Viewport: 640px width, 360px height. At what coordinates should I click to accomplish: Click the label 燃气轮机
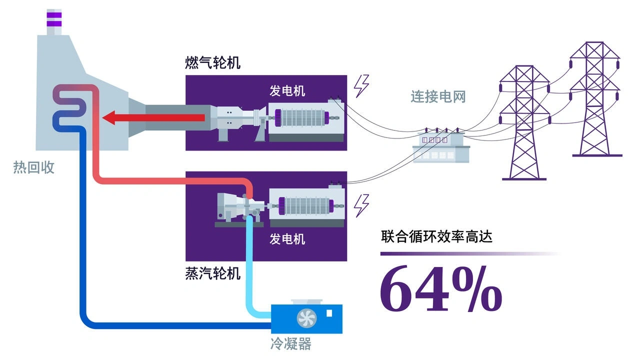[x=212, y=62]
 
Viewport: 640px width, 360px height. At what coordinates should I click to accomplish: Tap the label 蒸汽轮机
[x=212, y=273]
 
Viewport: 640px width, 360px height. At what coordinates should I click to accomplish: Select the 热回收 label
[x=33, y=167]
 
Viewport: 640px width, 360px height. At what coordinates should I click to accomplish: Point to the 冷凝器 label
[x=291, y=343]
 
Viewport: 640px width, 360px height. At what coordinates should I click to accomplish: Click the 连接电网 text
[x=438, y=96]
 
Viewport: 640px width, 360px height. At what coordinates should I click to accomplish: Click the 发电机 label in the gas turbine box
[x=287, y=91]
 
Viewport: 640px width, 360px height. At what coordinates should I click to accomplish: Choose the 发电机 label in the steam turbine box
[x=287, y=239]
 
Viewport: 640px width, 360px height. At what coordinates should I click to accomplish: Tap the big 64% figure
[x=441, y=288]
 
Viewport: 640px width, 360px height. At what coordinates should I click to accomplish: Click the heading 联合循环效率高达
[x=436, y=237]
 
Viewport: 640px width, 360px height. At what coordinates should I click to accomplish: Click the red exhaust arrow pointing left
[x=153, y=117]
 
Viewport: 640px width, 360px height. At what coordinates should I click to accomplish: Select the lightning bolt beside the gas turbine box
[x=361, y=86]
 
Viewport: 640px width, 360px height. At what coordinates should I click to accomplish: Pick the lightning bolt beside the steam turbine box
[x=361, y=205]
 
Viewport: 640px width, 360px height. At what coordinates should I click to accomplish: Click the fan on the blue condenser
[x=306, y=318]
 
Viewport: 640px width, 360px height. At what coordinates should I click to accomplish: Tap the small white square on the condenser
[x=329, y=313]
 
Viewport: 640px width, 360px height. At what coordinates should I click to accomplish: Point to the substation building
[x=441, y=147]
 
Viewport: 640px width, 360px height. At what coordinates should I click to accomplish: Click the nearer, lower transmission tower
[x=524, y=123]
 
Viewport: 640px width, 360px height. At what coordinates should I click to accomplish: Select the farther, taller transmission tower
[x=595, y=99]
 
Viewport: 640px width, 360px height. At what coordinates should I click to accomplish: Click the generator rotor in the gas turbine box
[x=303, y=117]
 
